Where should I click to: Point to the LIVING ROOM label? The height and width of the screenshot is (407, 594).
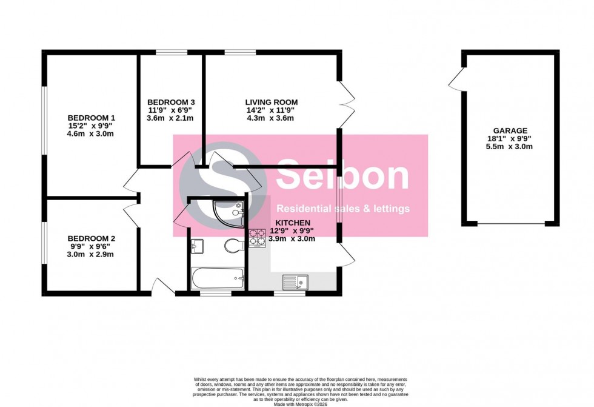click(x=271, y=102)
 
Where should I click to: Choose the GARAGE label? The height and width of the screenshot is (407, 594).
click(x=510, y=130)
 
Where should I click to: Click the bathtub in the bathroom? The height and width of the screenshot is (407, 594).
click(x=218, y=279)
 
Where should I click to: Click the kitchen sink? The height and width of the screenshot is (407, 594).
click(x=295, y=281)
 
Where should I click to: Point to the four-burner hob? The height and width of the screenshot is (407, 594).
click(x=257, y=238)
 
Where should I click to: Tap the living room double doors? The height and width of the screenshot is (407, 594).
click(x=345, y=103)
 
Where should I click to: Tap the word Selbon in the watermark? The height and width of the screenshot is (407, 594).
click(x=342, y=175)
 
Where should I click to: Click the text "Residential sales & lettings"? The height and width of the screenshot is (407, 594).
click(x=343, y=209)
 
